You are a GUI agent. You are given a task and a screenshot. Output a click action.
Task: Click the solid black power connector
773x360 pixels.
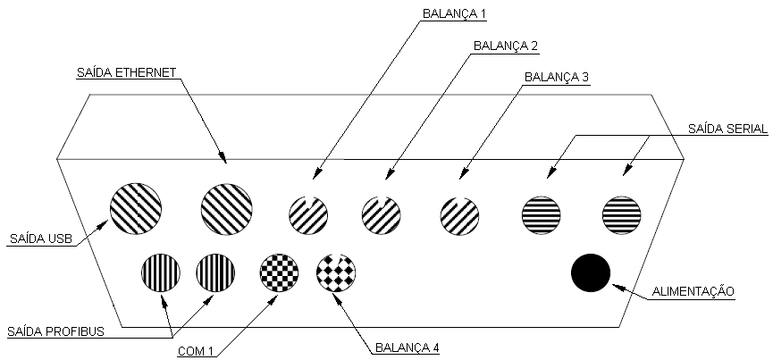[591, 272]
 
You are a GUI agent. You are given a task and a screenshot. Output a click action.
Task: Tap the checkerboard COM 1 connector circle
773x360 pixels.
[279, 272]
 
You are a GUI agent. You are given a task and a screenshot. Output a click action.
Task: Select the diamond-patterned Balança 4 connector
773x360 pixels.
[336, 272]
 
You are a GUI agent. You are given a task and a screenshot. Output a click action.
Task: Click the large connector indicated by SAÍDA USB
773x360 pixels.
[136, 208]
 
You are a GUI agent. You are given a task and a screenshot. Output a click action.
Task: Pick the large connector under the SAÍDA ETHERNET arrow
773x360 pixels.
[227, 209]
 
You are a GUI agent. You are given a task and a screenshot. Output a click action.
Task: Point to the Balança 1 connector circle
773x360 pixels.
[308, 215]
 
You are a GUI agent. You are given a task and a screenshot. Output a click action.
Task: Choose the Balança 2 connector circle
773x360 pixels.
[381, 215]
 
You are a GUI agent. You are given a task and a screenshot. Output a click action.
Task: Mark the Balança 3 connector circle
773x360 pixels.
[459, 215]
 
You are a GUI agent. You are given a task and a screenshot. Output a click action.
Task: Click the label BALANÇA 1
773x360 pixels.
[454, 13]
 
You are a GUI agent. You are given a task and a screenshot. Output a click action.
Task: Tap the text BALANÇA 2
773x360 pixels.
[505, 46]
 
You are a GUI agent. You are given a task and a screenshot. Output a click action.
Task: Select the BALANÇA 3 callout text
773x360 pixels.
[557, 78]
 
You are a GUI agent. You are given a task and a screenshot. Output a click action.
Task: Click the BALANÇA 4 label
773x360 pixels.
[408, 347]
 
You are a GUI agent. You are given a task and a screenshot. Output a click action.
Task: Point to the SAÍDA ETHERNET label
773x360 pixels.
[126, 72]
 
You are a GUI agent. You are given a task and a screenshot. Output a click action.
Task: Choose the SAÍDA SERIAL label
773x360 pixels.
[727, 129]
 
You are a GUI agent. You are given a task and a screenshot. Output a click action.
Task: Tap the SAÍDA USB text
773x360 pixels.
[41, 239]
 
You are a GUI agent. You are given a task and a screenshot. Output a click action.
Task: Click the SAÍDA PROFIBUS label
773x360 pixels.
[55, 331]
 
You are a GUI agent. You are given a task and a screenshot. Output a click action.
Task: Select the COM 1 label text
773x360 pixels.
[196, 351]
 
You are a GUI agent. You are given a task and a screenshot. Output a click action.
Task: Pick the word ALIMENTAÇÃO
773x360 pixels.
[693, 291]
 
